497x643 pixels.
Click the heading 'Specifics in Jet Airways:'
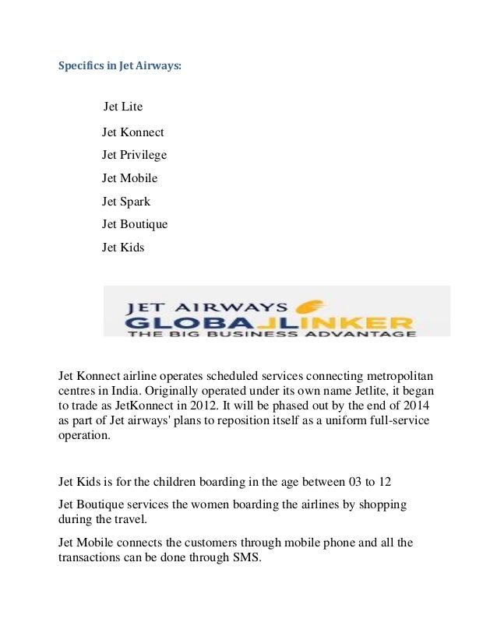coord(120,66)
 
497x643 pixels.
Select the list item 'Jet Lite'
coord(123,106)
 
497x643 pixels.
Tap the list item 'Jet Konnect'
coord(132,132)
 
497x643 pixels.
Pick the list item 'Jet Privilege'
coord(134,155)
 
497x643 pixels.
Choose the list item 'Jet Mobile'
coord(129,178)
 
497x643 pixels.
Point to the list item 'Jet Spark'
coord(126,202)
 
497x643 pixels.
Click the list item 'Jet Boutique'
coord(135,224)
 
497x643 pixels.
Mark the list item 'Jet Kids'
coord(123,248)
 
